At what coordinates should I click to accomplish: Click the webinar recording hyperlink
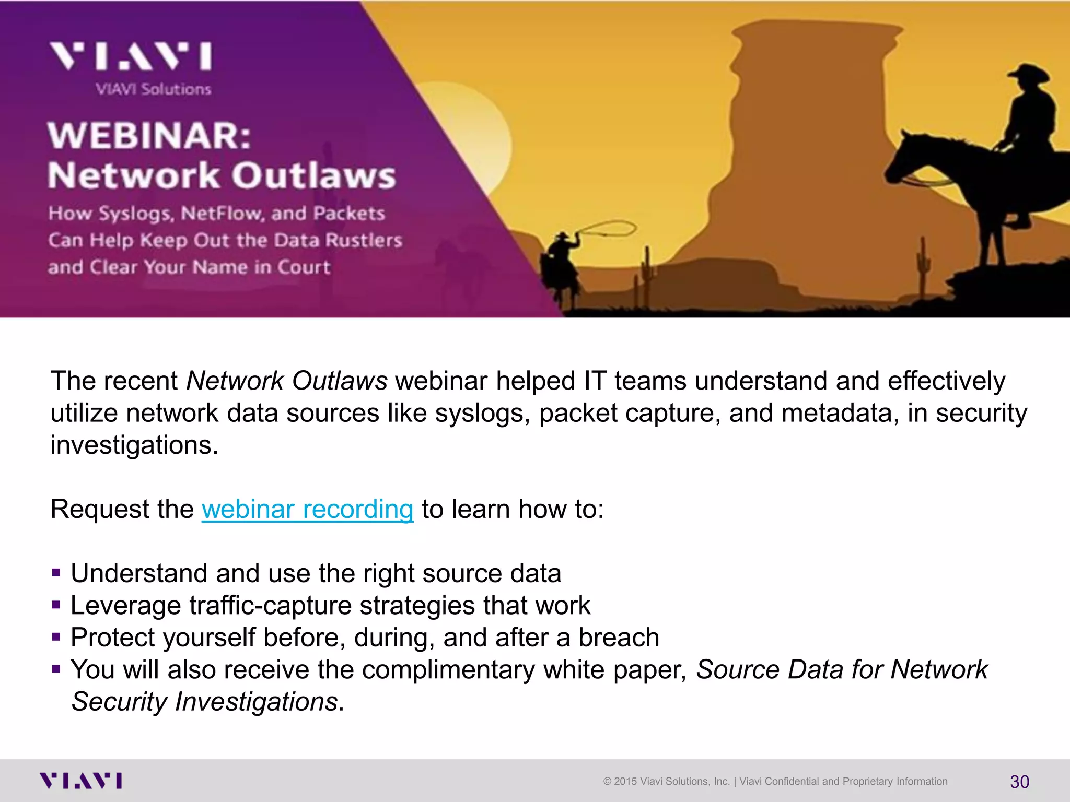[307, 509]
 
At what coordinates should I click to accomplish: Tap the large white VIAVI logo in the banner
[131, 56]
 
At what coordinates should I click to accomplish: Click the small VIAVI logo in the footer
[81, 781]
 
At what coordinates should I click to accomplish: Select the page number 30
[1019, 782]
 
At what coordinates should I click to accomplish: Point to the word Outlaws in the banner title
[313, 175]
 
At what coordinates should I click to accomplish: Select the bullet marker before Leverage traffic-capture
[56, 606]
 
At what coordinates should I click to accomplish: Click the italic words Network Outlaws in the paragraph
[287, 381]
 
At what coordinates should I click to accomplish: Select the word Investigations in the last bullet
[256, 702]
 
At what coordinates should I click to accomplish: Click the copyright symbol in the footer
[607, 782]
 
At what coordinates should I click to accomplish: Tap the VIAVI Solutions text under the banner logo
[154, 89]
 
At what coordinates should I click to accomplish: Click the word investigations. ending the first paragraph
[134, 445]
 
